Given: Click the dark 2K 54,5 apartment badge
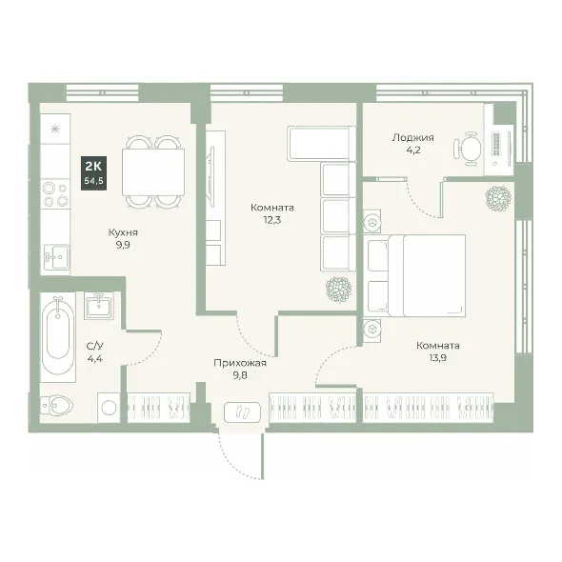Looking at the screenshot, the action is pyautogui.click(x=94, y=173).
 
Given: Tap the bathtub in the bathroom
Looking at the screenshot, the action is pyautogui.click(x=58, y=337).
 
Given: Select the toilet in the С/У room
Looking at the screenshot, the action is pyautogui.click(x=56, y=406).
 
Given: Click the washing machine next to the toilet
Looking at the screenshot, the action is pyautogui.click(x=109, y=408).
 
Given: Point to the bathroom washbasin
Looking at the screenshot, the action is pyautogui.click(x=98, y=305).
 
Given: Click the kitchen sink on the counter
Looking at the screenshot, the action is pyautogui.click(x=56, y=257).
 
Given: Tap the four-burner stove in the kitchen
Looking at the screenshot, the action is pyautogui.click(x=55, y=194).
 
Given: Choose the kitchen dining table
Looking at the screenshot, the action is pyautogui.click(x=153, y=172).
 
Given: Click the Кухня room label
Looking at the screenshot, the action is pyautogui.click(x=123, y=232).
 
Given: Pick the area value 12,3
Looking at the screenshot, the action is pyautogui.click(x=272, y=220).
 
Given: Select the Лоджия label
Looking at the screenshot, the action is pyautogui.click(x=412, y=137).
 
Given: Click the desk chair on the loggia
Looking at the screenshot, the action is pyautogui.click(x=468, y=149).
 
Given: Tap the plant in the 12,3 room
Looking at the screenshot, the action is pyautogui.click(x=338, y=290).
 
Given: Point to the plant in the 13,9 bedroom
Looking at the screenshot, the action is pyautogui.click(x=498, y=198).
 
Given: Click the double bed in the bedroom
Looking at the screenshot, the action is pyautogui.click(x=414, y=275).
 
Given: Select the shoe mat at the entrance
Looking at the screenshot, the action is pyautogui.click(x=242, y=411).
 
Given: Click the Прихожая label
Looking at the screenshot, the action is pyautogui.click(x=240, y=363).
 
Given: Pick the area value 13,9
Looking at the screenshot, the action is pyautogui.click(x=437, y=358).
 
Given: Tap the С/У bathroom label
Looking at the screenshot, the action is pyautogui.click(x=95, y=346).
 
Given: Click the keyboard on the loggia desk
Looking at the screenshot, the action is pyautogui.click(x=496, y=144).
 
